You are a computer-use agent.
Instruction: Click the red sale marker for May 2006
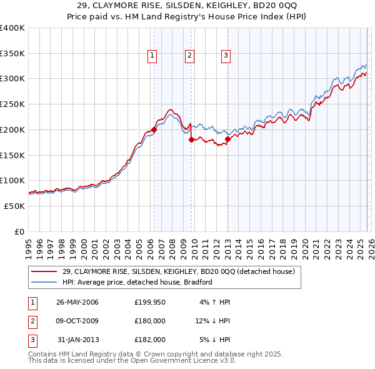[x=154, y=130]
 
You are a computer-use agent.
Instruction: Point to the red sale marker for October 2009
[x=191, y=140]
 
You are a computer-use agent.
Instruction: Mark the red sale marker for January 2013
[x=227, y=139]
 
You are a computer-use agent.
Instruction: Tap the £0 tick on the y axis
[x=19, y=231]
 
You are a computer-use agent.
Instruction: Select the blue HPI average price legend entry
[x=137, y=282]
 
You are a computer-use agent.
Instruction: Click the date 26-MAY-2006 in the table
[x=77, y=302]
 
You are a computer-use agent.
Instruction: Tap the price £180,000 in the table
[x=150, y=321]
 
